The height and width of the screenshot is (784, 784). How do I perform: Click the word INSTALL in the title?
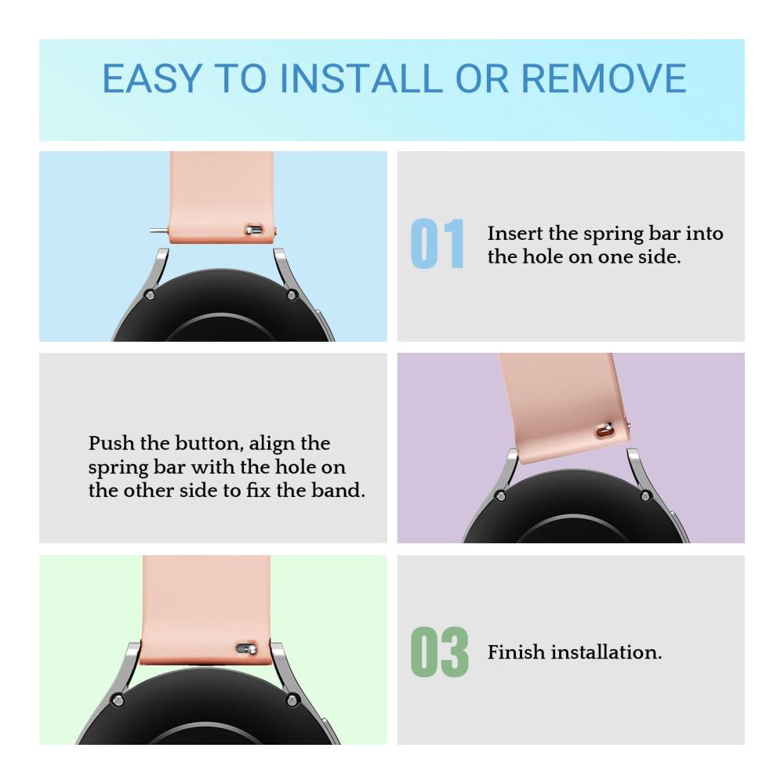pyautogui.click(x=361, y=78)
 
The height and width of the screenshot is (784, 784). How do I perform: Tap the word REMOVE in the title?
pyautogui.click(x=604, y=78)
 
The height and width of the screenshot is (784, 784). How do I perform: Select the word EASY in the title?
pyautogui.click(x=153, y=78)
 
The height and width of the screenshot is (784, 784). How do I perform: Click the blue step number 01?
pyautogui.click(x=437, y=244)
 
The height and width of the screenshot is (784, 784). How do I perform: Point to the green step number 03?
pyautogui.click(x=440, y=652)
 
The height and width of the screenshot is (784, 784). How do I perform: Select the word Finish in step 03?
pyautogui.click(x=516, y=652)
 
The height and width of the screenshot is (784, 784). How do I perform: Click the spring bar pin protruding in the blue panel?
pyautogui.click(x=159, y=230)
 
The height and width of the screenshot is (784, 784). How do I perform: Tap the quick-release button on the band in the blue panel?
pyautogui.click(x=253, y=230)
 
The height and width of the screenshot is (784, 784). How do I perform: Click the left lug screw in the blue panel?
pyautogui.click(x=149, y=295)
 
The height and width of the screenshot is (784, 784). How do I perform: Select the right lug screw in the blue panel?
pyautogui.click(x=292, y=295)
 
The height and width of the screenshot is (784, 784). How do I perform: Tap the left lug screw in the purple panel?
pyautogui.click(x=499, y=496)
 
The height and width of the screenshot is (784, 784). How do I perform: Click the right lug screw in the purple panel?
pyautogui.click(x=645, y=496)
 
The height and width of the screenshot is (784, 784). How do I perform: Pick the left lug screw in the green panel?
pyautogui.click(x=118, y=700)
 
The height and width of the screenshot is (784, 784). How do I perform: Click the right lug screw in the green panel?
pyautogui.click(x=292, y=700)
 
